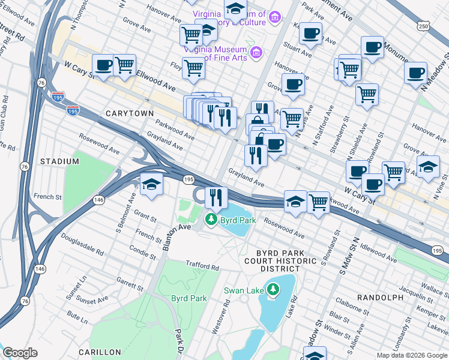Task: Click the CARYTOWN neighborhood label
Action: pyautogui.click(x=130, y=113)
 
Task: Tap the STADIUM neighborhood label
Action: pyautogui.click(x=59, y=161)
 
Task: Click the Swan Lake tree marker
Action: pyautogui.click(x=274, y=290)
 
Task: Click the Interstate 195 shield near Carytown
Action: pyautogui.click(x=73, y=110)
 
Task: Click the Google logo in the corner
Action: pyautogui.click(x=20, y=353)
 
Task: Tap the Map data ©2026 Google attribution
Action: pyautogui.click(x=412, y=355)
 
